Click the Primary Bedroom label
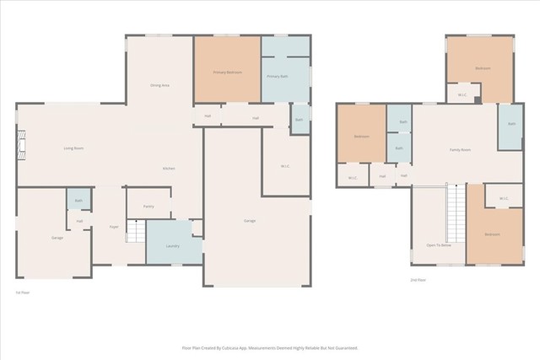click(227, 73)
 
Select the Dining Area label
click(159, 85)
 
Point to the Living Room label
click(73, 148)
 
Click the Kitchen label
click(169, 169)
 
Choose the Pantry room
click(148, 206)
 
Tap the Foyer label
click(113, 227)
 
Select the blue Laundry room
click(173, 245)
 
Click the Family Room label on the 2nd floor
click(459, 149)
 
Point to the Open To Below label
click(438, 245)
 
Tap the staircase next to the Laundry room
click(135, 231)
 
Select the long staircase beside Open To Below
click(456, 215)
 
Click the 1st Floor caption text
click(23, 292)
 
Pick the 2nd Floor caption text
click(418, 279)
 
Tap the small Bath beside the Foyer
click(78, 201)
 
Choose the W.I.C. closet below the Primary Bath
click(285, 165)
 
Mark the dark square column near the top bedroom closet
click(478, 99)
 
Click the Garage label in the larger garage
click(250, 221)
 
